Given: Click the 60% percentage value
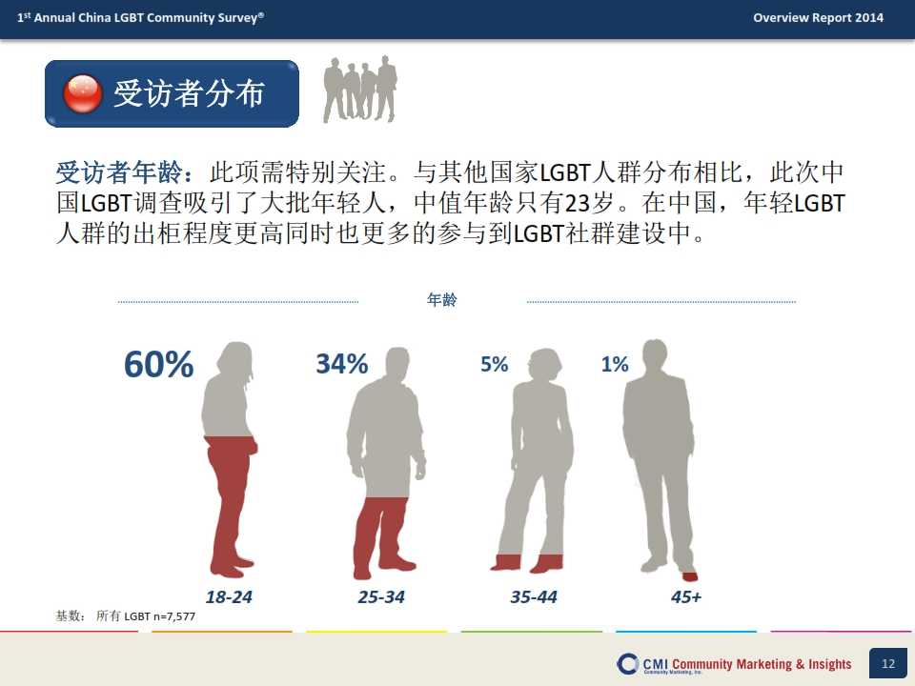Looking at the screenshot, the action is click(158, 365).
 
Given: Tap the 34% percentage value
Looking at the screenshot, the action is click(342, 364).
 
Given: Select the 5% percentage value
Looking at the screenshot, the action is click(495, 364).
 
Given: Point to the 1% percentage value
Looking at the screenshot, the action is click(615, 364).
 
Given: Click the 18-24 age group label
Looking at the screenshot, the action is click(229, 596).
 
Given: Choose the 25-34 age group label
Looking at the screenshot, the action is click(381, 596).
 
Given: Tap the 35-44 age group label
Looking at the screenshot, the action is click(534, 596).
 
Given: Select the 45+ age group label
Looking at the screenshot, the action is click(686, 596).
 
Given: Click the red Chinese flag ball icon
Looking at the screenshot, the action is click(83, 93).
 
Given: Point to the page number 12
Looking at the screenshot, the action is click(888, 663).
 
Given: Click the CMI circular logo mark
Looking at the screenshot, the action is click(627, 664).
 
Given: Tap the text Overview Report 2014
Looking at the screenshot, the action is click(818, 17).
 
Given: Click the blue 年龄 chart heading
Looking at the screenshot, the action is click(441, 300).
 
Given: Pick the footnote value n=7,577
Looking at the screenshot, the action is click(173, 616).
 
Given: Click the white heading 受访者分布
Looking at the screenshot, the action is click(189, 93).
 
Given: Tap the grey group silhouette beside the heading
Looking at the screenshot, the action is click(360, 90).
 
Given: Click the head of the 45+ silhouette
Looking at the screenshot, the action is click(654, 353).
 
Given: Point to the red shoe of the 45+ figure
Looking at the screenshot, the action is click(690, 577).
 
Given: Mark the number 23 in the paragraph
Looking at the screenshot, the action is click(578, 203).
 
